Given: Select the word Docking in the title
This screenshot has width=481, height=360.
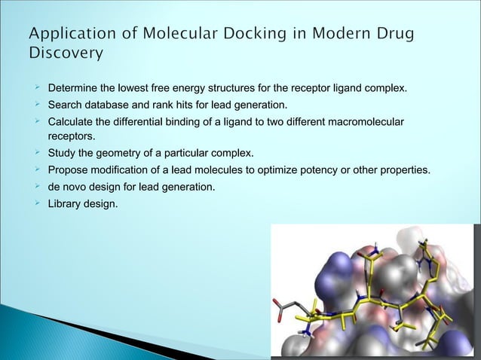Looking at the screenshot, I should [246, 35].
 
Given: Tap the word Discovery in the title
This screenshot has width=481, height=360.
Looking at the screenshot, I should [66, 54].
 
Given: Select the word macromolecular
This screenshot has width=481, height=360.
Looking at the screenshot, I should [366, 121].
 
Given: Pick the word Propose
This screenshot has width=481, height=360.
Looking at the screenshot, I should [69, 170].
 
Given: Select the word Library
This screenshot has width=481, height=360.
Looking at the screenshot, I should [65, 202].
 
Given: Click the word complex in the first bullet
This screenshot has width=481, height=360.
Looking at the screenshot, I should [387, 90].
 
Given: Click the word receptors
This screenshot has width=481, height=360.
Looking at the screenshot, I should [72, 137].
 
